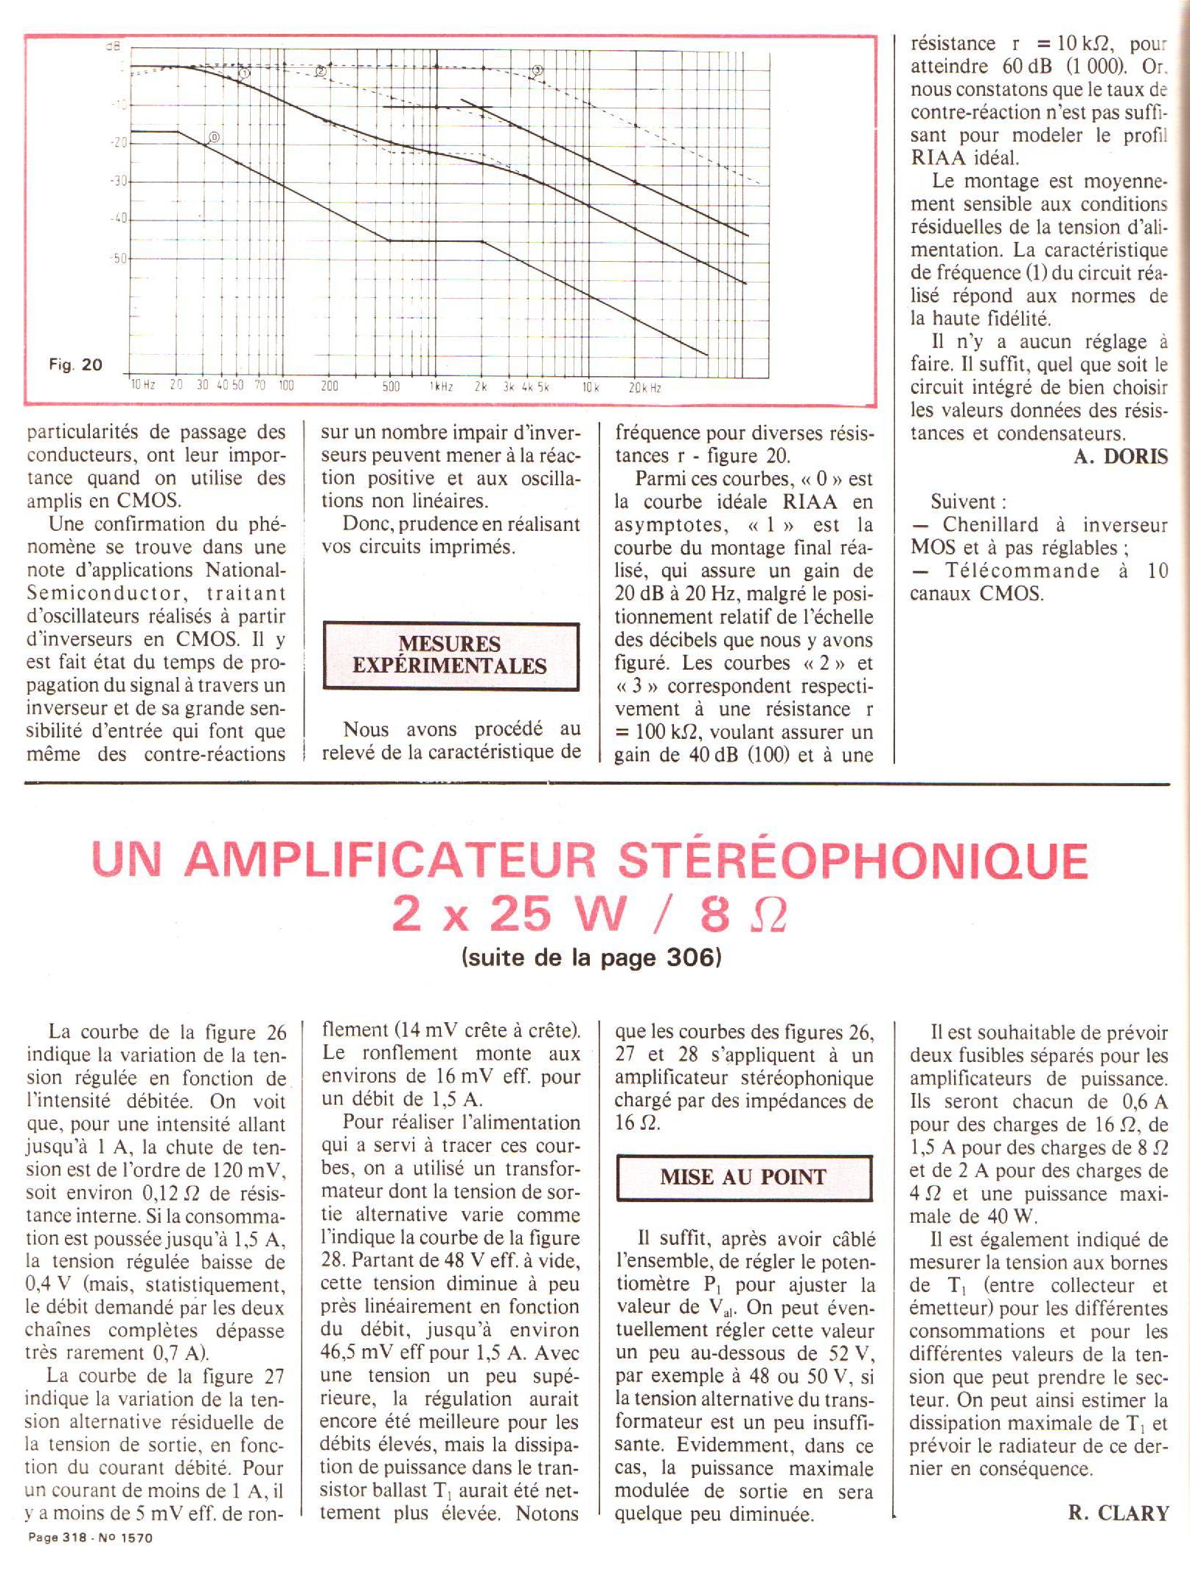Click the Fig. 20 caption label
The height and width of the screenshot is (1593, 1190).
tap(75, 364)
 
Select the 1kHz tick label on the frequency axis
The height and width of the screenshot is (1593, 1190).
tap(441, 386)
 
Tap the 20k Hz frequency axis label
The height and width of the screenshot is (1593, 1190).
tap(644, 387)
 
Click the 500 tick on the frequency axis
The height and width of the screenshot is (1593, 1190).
tap(391, 386)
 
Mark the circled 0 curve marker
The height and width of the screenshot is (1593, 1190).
tap(214, 137)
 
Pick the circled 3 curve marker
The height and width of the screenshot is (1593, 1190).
tap(537, 71)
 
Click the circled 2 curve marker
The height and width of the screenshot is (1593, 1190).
tap(321, 72)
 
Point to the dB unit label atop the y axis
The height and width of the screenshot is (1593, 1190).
tap(112, 46)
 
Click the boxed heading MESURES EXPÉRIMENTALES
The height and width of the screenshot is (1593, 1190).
tap(450, 655)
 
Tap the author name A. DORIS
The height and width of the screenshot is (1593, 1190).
tap(1121, 457)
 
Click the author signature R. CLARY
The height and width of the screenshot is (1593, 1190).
tap(1118, 1513)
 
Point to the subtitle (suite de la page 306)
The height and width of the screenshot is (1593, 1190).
tap(591, 957)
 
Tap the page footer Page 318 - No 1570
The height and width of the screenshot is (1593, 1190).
tap(89, 1538)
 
